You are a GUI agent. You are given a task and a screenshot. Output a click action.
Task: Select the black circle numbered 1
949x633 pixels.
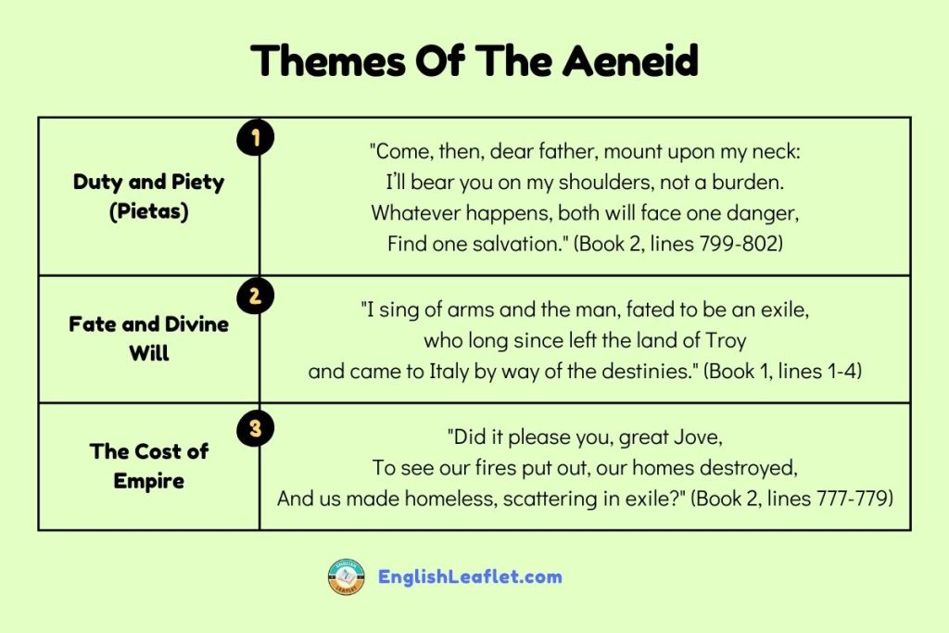[255, 139]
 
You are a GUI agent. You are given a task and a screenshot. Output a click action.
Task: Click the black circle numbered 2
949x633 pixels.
[255, 297]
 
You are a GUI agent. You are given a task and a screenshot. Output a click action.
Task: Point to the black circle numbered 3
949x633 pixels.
[255, 428]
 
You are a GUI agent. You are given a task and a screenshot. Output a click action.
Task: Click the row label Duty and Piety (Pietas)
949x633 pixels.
[148, 196]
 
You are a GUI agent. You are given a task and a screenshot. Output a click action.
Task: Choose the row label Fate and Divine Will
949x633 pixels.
[148, 338]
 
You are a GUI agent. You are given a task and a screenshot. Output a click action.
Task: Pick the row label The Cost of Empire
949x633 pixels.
[148, 466]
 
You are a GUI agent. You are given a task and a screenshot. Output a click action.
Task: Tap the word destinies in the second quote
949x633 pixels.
[643, 372]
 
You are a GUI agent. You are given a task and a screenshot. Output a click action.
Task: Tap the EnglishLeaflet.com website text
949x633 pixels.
[470, 576]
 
